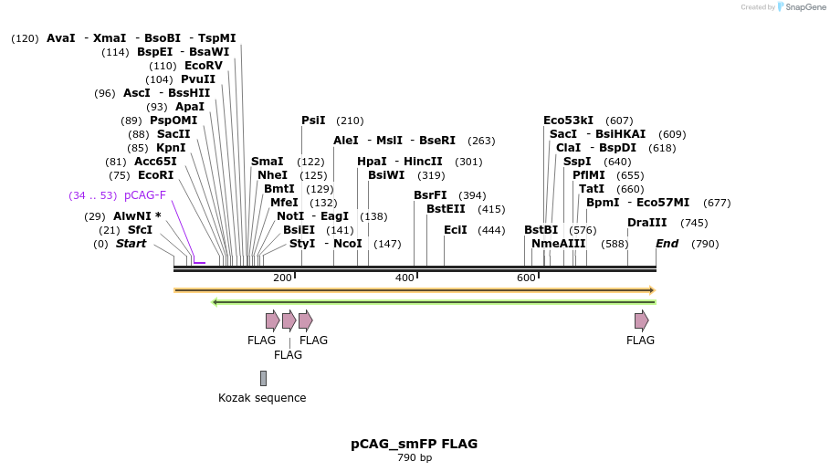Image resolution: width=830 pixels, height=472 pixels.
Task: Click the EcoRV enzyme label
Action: coord(203,66)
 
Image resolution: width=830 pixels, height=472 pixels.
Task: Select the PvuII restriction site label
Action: coord(198,79)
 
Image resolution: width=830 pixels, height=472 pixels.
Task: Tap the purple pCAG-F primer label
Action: coord(145,195)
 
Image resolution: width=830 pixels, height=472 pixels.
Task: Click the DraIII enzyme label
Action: coord(646,223)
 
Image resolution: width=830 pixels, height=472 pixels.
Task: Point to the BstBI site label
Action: coord(541,230)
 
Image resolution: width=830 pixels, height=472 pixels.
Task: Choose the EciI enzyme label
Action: coord(456,230)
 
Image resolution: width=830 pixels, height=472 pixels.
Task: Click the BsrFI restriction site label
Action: coord(430,195)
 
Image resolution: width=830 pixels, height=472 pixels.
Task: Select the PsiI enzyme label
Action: coord(313,121)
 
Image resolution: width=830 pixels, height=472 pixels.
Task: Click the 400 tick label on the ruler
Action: coord(404,278)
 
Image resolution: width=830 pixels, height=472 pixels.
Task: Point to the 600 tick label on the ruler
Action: coord(526,278)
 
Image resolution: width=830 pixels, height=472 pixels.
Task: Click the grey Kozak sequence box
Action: coord(263,378)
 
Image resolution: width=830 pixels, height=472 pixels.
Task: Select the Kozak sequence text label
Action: coord(262,398)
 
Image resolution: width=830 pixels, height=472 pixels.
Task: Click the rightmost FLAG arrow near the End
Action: coord(641,320)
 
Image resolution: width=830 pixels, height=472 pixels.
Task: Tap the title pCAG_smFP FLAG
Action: coord(414,444)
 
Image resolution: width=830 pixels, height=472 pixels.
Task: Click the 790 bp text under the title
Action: coord(414,457)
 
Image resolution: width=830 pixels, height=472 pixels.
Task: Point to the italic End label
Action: coord(667,244)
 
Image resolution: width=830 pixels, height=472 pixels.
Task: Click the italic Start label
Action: coord(131,244)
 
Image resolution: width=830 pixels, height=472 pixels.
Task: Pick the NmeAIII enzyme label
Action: coord(558,244)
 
